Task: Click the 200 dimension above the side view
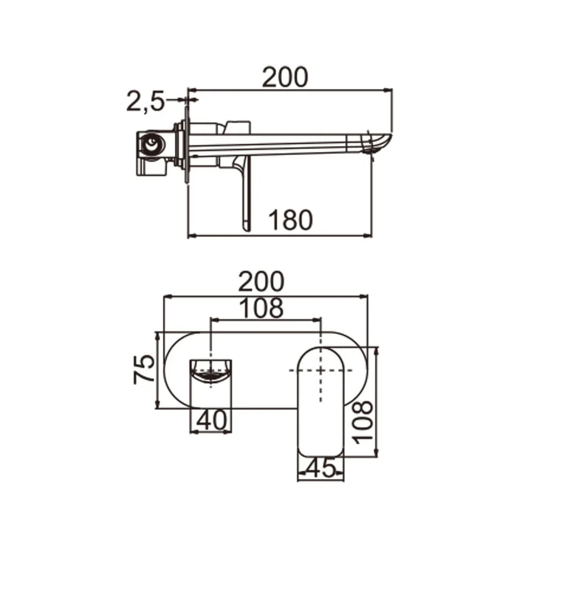[285, 77]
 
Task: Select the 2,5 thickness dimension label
[145, 102]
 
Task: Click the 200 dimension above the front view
[261, 281]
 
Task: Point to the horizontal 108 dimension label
[261, 308]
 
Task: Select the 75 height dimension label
[143, 369]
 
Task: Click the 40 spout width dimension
[212, 421]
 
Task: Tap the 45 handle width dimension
[321, 468]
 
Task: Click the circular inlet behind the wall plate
[151, 145]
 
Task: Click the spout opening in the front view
[212, 372]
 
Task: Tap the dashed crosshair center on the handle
[321, 370]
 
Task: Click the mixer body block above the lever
[238, 127]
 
